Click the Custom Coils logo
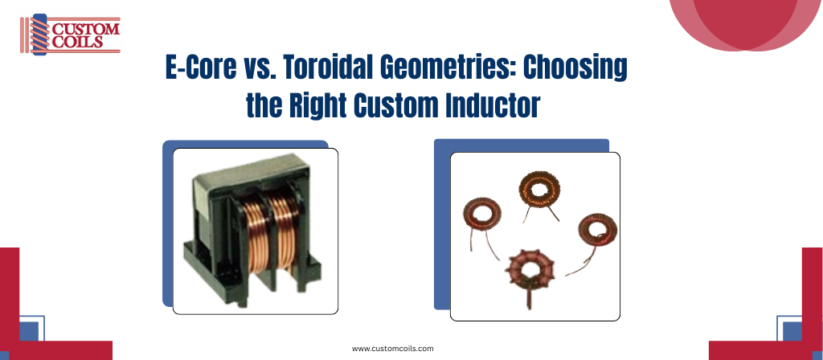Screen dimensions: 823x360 tap(71, 35)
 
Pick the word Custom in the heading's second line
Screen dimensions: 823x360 tap(395, 105)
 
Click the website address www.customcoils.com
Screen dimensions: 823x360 tap(392, 349)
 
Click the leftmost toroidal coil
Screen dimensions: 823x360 tap(482, 220)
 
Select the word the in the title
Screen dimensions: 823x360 tap(264, 105)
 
